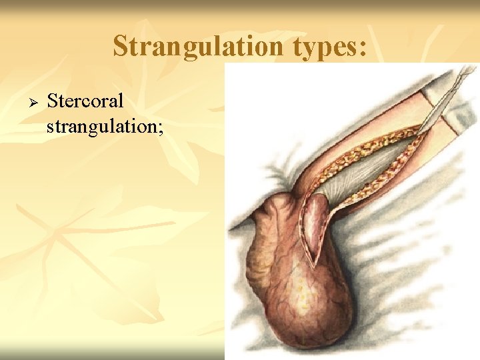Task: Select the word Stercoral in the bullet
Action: [85, 101]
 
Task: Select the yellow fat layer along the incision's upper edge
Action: [360, 147]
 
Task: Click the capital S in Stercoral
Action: [52, 101]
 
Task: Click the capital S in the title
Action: [121, 46]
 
